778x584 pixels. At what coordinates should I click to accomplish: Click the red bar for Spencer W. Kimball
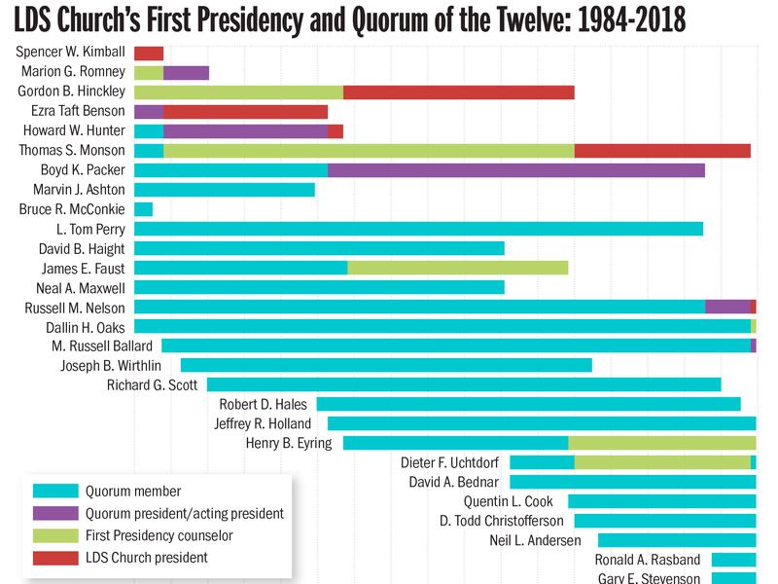149,54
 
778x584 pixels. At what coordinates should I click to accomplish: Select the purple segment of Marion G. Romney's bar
186,73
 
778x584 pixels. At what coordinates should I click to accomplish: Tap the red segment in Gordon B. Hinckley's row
458,92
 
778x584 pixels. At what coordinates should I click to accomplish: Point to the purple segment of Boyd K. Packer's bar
515,170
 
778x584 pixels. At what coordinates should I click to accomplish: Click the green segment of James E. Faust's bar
457,268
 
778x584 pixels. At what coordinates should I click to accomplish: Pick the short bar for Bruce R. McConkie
143,209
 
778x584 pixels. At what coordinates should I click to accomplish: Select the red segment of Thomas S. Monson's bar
662,151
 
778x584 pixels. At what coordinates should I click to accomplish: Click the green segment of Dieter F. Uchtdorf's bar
662,462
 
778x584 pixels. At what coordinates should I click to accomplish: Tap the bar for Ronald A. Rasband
733,560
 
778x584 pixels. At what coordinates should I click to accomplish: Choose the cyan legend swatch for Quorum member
54,491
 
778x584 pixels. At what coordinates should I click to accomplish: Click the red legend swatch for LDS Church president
54,558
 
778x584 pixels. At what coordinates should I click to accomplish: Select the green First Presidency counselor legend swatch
54,535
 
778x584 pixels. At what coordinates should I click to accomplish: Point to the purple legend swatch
54,513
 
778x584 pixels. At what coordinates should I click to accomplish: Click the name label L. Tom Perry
90,229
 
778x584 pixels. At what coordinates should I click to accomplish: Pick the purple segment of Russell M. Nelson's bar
727,307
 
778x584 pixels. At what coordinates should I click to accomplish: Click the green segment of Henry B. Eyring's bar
662,443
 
